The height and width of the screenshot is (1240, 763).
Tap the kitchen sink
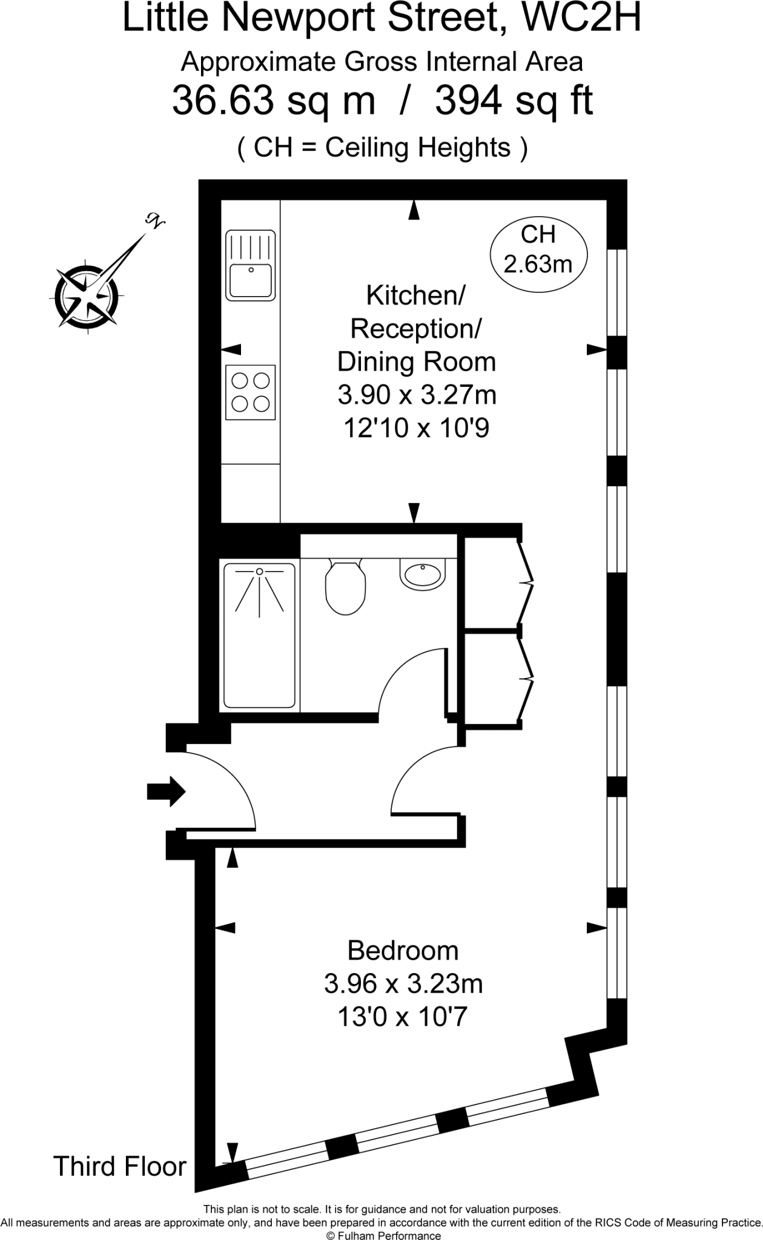coord(251,265)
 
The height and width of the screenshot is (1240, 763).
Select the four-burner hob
coord(251,392)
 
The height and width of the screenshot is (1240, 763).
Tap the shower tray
coord(260,636)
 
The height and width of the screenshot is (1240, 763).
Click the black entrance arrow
coord(166,791)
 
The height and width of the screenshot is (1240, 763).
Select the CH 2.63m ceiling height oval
coord(538,249)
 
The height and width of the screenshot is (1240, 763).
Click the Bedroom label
coord(403,950)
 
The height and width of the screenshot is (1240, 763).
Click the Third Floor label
coord(120,1166)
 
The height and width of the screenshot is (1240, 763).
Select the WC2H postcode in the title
coord(581,18)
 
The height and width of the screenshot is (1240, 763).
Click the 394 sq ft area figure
coord(514,101)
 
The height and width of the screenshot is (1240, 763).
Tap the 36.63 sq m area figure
coord(274,101)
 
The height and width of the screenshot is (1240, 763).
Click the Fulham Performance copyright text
coord(383,1235)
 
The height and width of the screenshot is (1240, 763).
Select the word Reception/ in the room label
coord(415,328)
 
